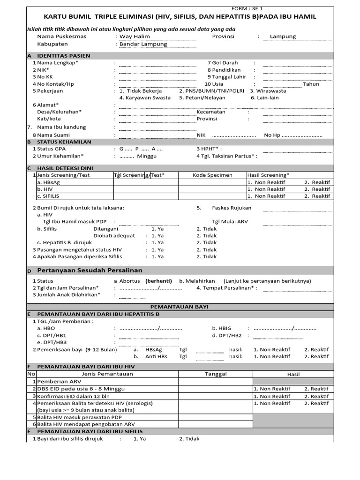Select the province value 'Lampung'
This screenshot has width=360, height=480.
point(283,37)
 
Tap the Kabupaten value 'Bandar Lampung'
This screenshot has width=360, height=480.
point(143,44)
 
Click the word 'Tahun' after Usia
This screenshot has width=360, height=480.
point(311,84)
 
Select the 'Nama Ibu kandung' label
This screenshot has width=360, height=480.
point(61,127)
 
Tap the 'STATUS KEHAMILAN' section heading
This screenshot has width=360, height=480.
point(64,142)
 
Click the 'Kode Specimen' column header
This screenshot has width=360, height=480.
point(212,175)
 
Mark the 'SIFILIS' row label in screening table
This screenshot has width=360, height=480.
point(48,196)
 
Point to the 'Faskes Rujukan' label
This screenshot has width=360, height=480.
point(232,208)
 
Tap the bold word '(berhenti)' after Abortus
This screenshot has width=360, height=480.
point(158,281)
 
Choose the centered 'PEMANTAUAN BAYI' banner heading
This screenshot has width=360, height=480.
point(180,307)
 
